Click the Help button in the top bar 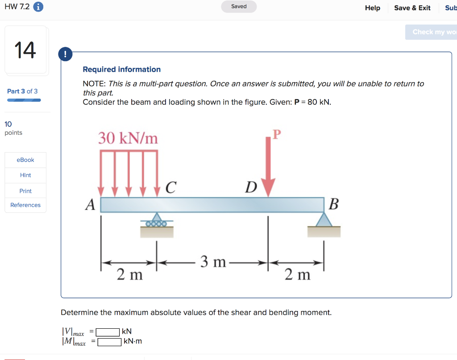coord(372,8)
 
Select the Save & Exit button coord(412,8)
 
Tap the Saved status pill coord(239,7)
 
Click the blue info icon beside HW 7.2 coord(38,7)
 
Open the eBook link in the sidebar coord(25,160)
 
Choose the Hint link coord(25,175)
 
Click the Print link coord(25,191)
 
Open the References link coord(25,205)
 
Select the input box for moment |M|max coord(109,342)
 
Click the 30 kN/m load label coord(128,138)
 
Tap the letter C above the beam coord(170,188)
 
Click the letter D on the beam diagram coord(251,188)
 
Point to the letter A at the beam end coord(91,205)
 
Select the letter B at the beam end coord(333,205)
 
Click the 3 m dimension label coord(213,262)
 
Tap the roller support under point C coord(156,220)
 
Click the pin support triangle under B coord(324,219)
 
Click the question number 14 coord(25,50)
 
